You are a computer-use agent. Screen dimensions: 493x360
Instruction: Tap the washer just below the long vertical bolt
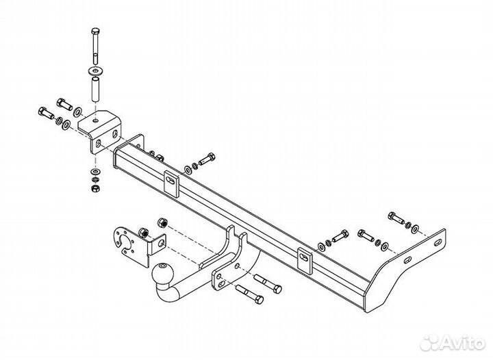click(96, 70)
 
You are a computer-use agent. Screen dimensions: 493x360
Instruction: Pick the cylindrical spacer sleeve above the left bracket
click(96, 90)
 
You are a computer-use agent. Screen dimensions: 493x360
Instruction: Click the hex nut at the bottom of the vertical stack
click(94, 188)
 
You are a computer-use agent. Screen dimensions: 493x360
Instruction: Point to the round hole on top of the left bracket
click(97, 120)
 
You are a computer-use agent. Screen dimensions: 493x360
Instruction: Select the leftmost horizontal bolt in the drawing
click(47, 112)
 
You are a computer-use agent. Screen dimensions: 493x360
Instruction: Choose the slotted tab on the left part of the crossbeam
click(171, 184)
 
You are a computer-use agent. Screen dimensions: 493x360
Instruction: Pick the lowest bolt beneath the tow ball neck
click(249, 294)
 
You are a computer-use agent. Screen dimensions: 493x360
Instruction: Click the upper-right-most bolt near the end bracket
click(396, 218)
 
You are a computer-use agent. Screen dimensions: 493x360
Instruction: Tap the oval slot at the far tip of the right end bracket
click(438, 242)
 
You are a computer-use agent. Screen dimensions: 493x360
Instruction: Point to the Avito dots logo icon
click(430, 342)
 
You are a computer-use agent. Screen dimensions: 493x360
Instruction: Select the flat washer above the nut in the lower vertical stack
click(95, 172)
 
